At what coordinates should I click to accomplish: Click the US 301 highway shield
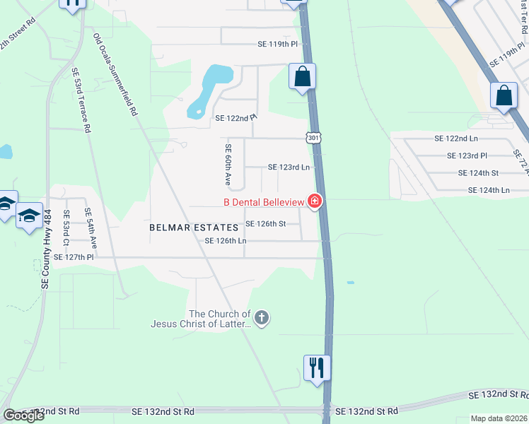click(x=313, y=138)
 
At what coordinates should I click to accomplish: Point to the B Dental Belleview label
click(x=264, y=203)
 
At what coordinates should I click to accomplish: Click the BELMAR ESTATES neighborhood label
click(x=193, y=228)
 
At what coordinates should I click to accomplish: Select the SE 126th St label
click(x=265, y=224)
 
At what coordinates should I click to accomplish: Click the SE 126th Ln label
click(x=225, y=241)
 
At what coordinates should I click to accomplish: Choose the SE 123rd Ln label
click(x=289, y=167)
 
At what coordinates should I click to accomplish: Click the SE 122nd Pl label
click(x=236, y=118)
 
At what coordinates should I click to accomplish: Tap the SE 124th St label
click(x=478, y=172)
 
